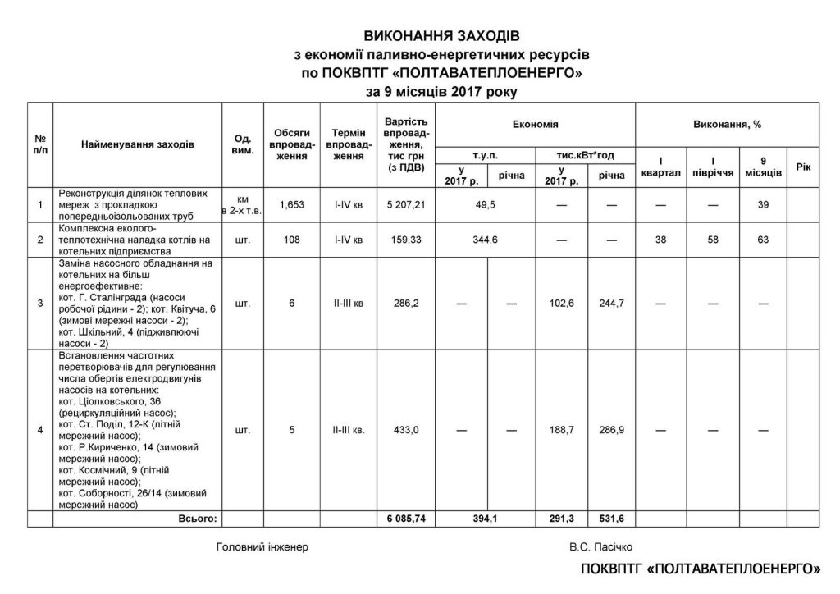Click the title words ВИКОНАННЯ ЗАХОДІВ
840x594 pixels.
442,36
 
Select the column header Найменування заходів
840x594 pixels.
138,144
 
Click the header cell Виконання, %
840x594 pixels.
727,124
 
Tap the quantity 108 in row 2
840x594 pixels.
291,239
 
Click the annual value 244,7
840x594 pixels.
611,304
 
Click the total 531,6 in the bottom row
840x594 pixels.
611,519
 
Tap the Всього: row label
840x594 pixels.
198,519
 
